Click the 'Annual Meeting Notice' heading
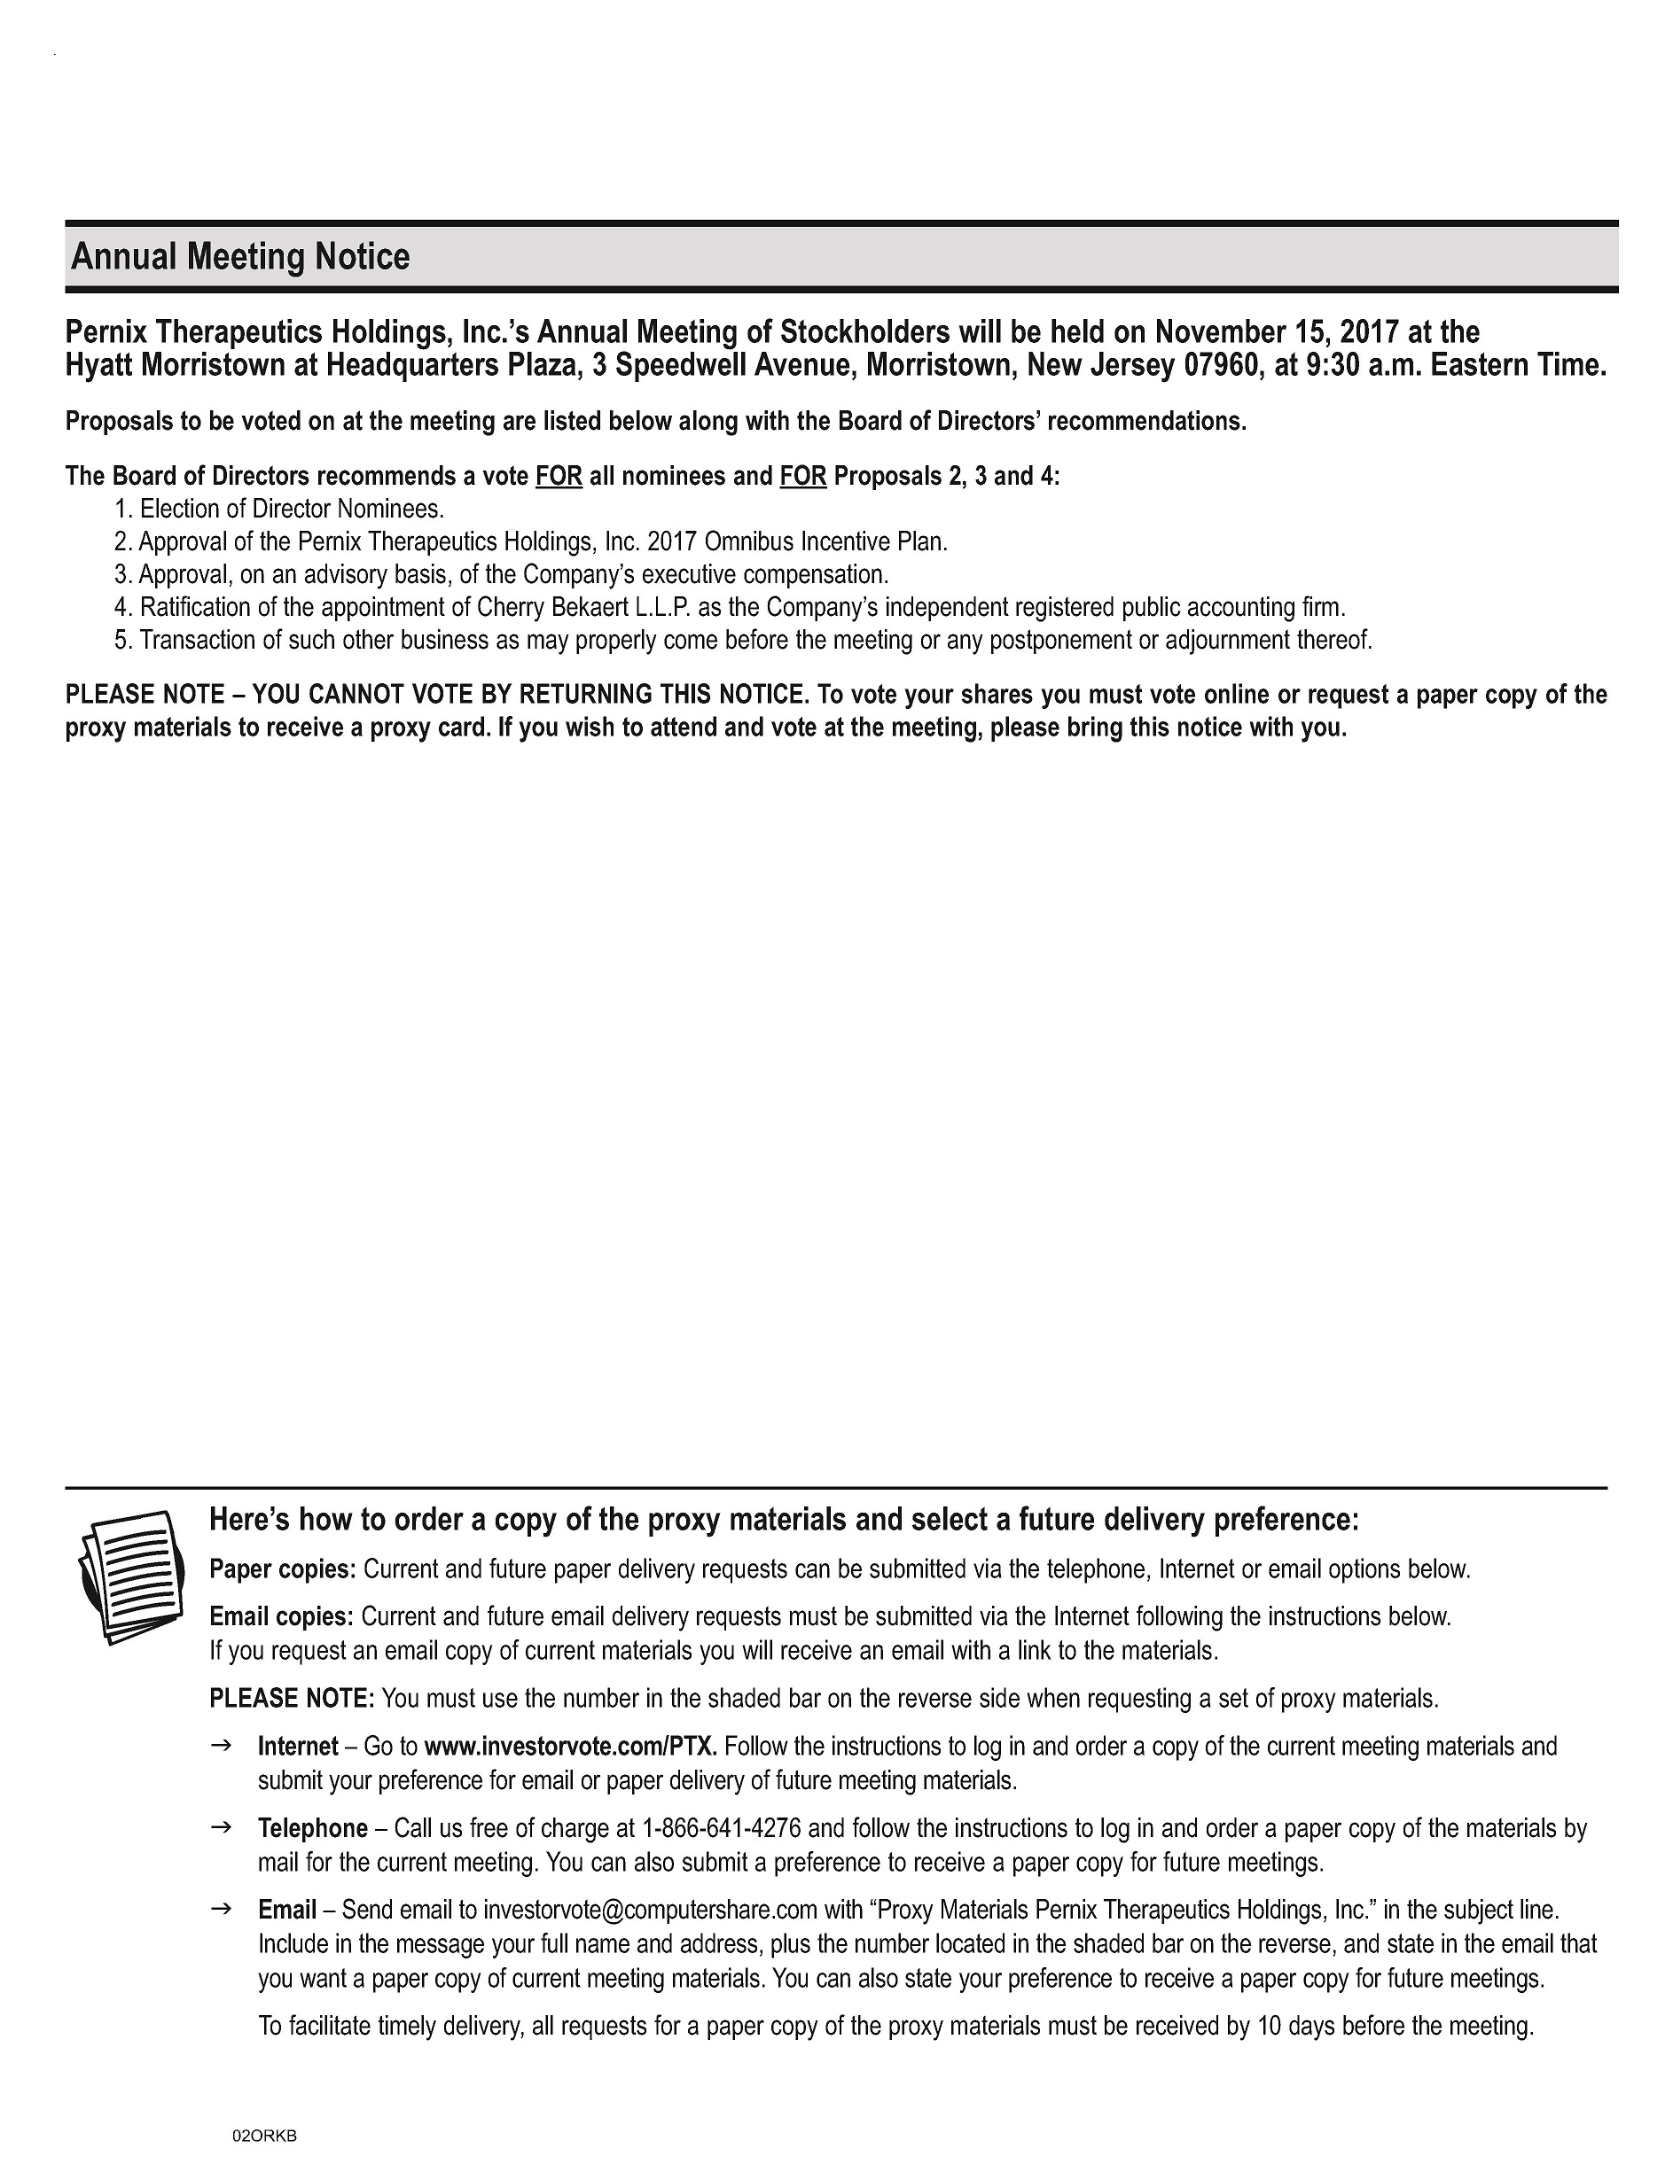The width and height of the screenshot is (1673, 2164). [x=240, y=257]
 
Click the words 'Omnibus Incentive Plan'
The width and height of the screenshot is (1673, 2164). [x=825, y=542]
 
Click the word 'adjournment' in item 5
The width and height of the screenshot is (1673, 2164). [x=1227, y=640]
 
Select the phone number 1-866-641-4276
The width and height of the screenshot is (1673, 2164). [x=722, y=1828]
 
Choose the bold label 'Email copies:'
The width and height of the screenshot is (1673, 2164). [x=281, y=1617]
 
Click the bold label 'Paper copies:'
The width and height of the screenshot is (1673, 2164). [x=283, y=1569]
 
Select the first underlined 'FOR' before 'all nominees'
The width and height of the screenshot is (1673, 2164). [x=559, y=477]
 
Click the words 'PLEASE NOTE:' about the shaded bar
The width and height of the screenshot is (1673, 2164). [x=292, y=1698]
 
